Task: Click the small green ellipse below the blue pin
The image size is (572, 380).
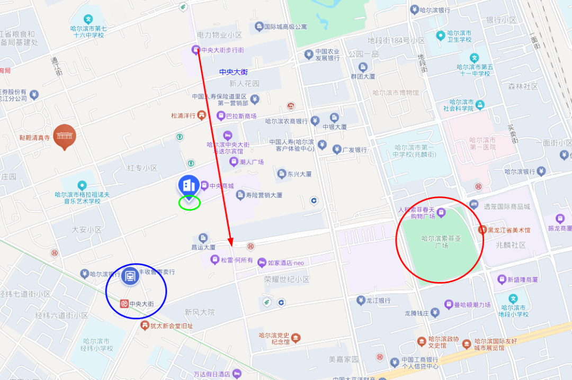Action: pos(189,202)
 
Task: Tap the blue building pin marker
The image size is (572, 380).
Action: pos(189,185)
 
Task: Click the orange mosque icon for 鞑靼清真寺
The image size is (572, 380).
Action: pos(65,136)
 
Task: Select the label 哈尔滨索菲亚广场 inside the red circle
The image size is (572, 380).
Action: pos(441,242)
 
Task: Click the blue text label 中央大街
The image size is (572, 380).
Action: pos(234,71)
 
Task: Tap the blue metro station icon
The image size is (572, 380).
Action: pos(129,276)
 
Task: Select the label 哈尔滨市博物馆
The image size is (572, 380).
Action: pos(395,93)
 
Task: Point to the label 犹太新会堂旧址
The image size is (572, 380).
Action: pos(172,326)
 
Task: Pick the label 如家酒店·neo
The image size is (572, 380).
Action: pos(285,263)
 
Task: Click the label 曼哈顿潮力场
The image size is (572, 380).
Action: pos(468,305)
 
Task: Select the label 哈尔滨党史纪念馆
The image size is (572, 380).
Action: pos(274,338)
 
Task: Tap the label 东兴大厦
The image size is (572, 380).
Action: pos(299,174)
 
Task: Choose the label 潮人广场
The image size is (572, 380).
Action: pos(252,162)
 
